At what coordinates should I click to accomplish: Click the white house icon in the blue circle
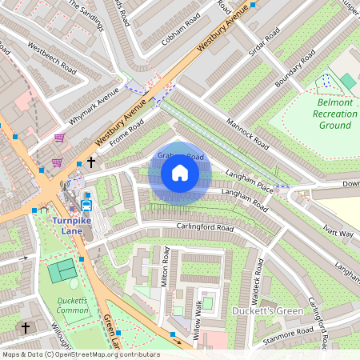(180, 173)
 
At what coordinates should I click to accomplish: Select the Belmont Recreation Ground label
(326, 114)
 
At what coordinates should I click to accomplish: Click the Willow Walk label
(198, 319)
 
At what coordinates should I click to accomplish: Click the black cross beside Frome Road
(91, 162)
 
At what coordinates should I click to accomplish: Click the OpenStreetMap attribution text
(81, 354)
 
